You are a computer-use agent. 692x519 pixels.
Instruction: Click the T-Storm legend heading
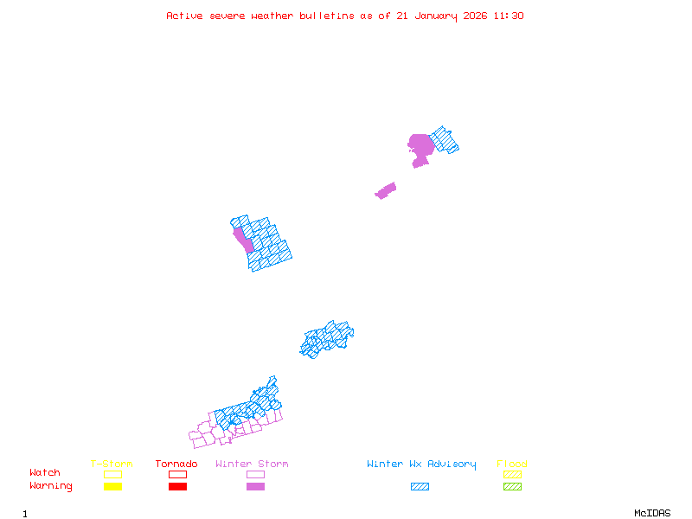click(112, 464)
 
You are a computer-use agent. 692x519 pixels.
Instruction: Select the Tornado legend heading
click(176, 464)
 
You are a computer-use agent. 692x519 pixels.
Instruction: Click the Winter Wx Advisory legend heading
click(421, 464)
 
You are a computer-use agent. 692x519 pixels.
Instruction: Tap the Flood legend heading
click(512, 464)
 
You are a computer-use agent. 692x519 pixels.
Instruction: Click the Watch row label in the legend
click(45, 473)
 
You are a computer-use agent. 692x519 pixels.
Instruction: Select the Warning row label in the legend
click(51, 486)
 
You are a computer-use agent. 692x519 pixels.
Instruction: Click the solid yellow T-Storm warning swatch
click(112, 486)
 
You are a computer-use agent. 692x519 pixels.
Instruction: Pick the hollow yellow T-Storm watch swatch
click(112, 474)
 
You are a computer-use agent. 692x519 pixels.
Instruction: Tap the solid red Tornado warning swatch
click(177, 486)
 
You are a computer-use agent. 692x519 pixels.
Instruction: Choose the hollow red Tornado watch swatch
click(177, 474)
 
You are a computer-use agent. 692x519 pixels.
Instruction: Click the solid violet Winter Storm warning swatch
click(255, 486)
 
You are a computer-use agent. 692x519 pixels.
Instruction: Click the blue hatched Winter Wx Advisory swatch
click(420, 486)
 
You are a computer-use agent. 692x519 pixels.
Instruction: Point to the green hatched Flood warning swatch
click(512, 486)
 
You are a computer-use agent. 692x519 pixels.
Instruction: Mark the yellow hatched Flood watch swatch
click(512, 474)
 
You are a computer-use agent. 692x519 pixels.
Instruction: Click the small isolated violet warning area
click(386, 190)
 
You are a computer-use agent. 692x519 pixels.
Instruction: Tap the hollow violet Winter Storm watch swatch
click(255, 474)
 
